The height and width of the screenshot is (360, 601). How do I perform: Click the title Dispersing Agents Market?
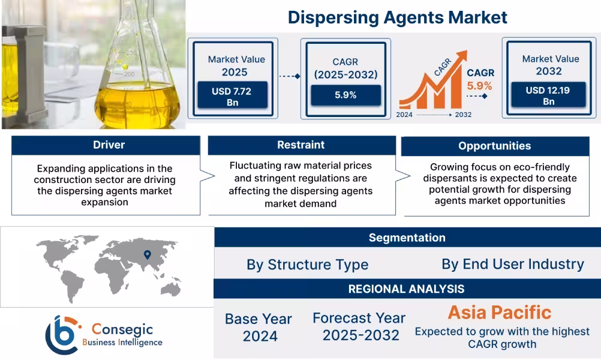397,17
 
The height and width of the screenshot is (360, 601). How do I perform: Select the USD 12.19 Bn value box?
548,95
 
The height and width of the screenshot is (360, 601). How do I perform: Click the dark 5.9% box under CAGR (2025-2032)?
345,95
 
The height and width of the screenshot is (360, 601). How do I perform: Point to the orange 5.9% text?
480,85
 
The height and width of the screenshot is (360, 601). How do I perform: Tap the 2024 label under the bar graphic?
405,115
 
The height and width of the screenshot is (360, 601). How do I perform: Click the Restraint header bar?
301,145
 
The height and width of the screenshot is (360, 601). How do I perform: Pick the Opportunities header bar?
494,146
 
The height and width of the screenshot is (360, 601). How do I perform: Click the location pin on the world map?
146,255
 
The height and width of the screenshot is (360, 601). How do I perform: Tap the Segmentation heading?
407,238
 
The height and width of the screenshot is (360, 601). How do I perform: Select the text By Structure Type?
307,265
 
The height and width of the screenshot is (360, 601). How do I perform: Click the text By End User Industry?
512,264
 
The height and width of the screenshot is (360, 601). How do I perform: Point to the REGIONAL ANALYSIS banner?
407,289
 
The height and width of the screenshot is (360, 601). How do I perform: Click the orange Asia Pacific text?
499,313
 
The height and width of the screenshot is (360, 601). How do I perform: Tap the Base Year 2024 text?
259,327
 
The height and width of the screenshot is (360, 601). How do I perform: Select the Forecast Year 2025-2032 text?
359,326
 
